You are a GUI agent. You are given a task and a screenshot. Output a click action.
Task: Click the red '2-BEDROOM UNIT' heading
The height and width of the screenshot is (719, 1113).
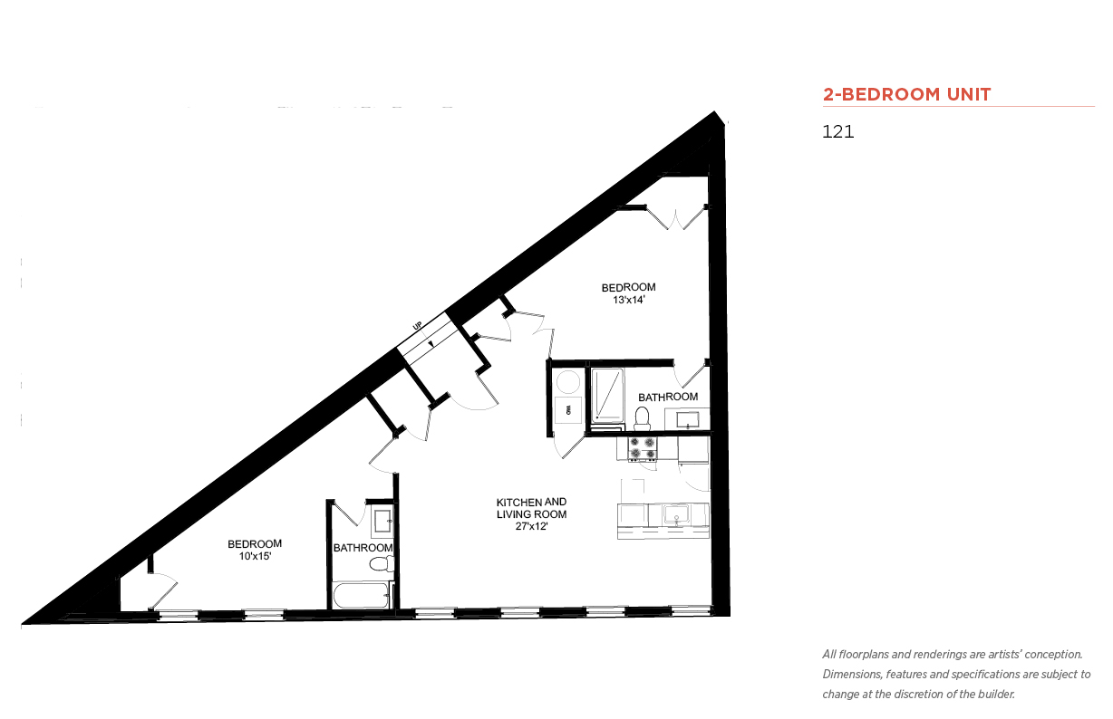point(906,94)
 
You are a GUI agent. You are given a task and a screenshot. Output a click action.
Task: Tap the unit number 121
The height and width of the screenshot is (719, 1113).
point(837,131)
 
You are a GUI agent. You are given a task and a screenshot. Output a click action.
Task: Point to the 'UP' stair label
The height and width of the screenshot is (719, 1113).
point(417,326)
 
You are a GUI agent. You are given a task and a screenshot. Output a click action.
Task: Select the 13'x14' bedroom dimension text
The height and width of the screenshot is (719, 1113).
point(628,300)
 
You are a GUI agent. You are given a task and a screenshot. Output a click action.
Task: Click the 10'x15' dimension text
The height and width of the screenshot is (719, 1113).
point(255,556)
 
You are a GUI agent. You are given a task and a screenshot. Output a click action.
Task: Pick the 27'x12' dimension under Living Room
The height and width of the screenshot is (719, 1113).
point(531,526)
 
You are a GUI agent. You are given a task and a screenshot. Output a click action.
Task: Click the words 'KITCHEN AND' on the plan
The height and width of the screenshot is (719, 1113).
point(531,502)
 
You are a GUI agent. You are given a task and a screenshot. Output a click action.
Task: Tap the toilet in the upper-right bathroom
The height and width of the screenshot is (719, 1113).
point(642,418)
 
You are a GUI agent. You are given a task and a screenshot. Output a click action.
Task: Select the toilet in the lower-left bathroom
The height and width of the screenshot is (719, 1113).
point(382,564)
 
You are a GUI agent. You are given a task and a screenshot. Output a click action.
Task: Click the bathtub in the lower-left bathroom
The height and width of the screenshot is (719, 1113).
point(361,595)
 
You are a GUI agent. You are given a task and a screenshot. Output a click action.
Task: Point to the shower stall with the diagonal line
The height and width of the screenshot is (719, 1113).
point(607,396)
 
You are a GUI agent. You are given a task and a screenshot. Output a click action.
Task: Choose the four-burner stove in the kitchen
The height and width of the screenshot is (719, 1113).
point(642,448)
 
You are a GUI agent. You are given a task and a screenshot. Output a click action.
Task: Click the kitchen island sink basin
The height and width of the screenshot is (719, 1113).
point(676,515)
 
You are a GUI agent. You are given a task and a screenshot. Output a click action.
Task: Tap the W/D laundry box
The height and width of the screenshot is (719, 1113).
point(568,409)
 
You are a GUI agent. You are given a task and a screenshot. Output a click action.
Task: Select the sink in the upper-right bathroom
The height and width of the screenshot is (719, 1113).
point(688,420)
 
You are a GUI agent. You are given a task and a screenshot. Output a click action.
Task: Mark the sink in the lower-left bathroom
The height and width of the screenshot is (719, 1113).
point(383,521)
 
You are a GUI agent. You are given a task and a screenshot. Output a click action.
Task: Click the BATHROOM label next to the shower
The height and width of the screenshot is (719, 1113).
point(668,398)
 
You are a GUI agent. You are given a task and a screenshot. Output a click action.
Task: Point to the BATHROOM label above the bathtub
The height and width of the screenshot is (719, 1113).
point(363,548)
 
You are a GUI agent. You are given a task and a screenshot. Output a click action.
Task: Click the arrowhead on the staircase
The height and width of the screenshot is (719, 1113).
point(431,343)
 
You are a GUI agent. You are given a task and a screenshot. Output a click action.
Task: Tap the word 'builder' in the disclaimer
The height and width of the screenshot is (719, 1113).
point(996,695)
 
